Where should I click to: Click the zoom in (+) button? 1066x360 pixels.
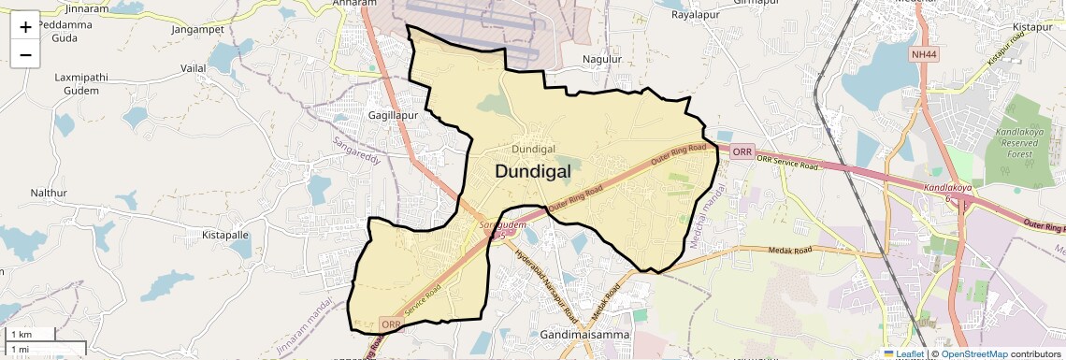click(x=25, y=27)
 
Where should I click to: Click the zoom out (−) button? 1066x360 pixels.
click(x=25, y=55)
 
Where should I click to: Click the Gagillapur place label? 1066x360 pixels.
click(x=393, y=114)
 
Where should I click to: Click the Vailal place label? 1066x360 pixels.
click(x=194, y=69)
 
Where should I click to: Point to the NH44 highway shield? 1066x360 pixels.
click(x=925, y=54)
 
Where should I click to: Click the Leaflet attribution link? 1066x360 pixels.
click(x=902, y=353)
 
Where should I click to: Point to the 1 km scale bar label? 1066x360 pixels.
click(x=21, y=334)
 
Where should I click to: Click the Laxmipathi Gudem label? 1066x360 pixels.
click(x=82, y=83)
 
